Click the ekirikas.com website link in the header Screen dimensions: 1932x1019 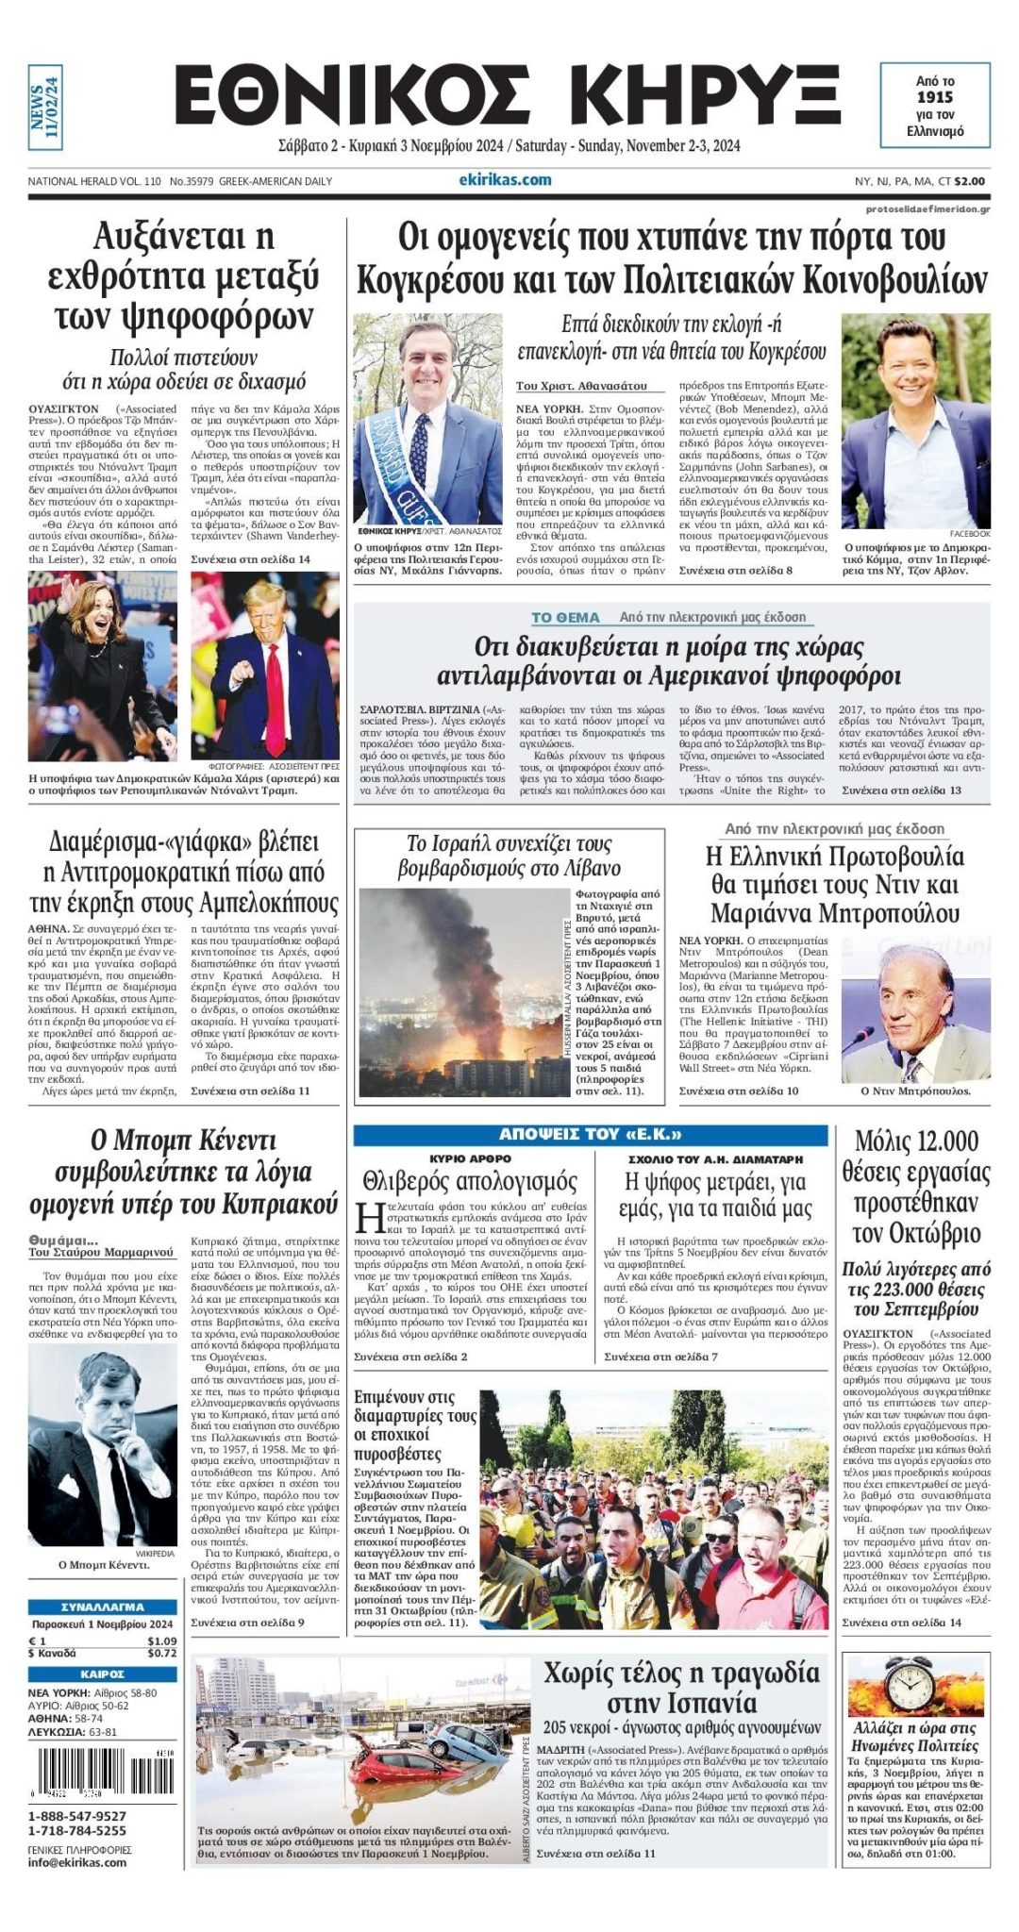pos(505,180)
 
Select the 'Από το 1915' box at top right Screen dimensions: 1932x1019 pos(935,105)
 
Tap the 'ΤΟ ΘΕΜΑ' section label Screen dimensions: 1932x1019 pos(565,618)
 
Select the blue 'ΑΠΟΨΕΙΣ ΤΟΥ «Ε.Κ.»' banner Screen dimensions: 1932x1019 pos(591,1134)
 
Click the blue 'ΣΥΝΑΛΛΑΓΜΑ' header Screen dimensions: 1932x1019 pos(102,1607)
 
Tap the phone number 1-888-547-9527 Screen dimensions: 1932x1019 pos(77,1816)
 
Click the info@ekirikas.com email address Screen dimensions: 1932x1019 pos(77,1862)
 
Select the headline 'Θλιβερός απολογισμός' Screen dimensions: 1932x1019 pos(470,1181)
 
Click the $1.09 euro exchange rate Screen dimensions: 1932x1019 pos(161,1641)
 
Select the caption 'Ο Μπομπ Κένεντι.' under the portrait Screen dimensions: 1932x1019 pos(103,1564)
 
